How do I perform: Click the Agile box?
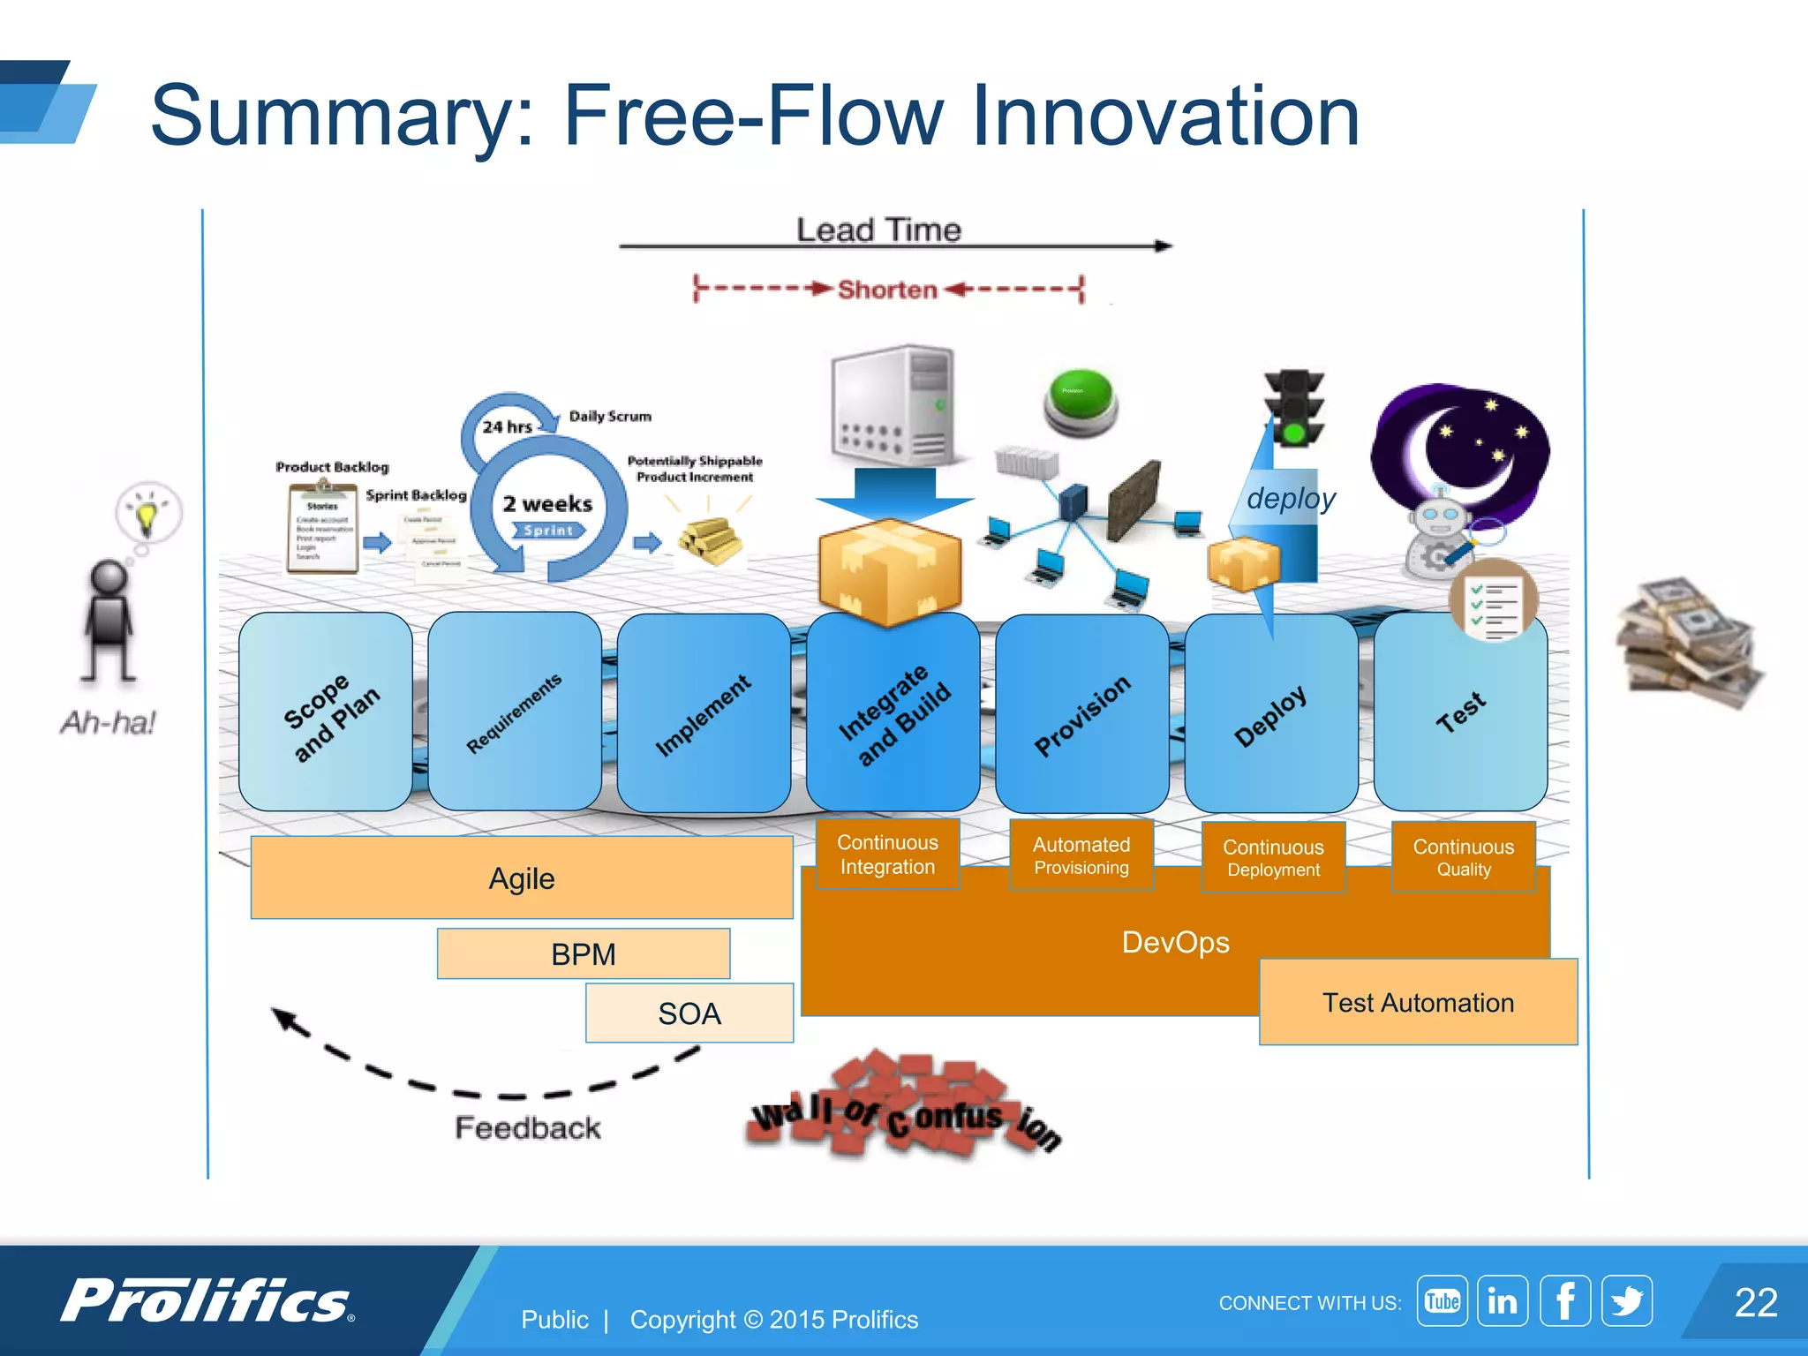point(521,878)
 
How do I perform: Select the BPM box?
point(583,953)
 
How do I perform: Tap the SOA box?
point(689,1013)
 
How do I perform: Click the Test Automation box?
point(1418,1002)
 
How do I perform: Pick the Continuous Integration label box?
point(887,854)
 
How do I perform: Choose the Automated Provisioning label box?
point(1081,855)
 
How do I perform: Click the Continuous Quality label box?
point(1463,856)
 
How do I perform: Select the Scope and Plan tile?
point(326,712)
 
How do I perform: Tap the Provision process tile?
point(1081,713)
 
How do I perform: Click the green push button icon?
point(1080,402)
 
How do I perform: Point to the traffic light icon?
point(1294,408)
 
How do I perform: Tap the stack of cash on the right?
point(1686,644)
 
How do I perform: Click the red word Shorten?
point(886,290)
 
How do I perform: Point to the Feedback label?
point(527,1127)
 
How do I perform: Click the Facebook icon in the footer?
point(1564,1300)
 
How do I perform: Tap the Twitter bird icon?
point(1626,1300)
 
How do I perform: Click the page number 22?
point(1755,1302)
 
